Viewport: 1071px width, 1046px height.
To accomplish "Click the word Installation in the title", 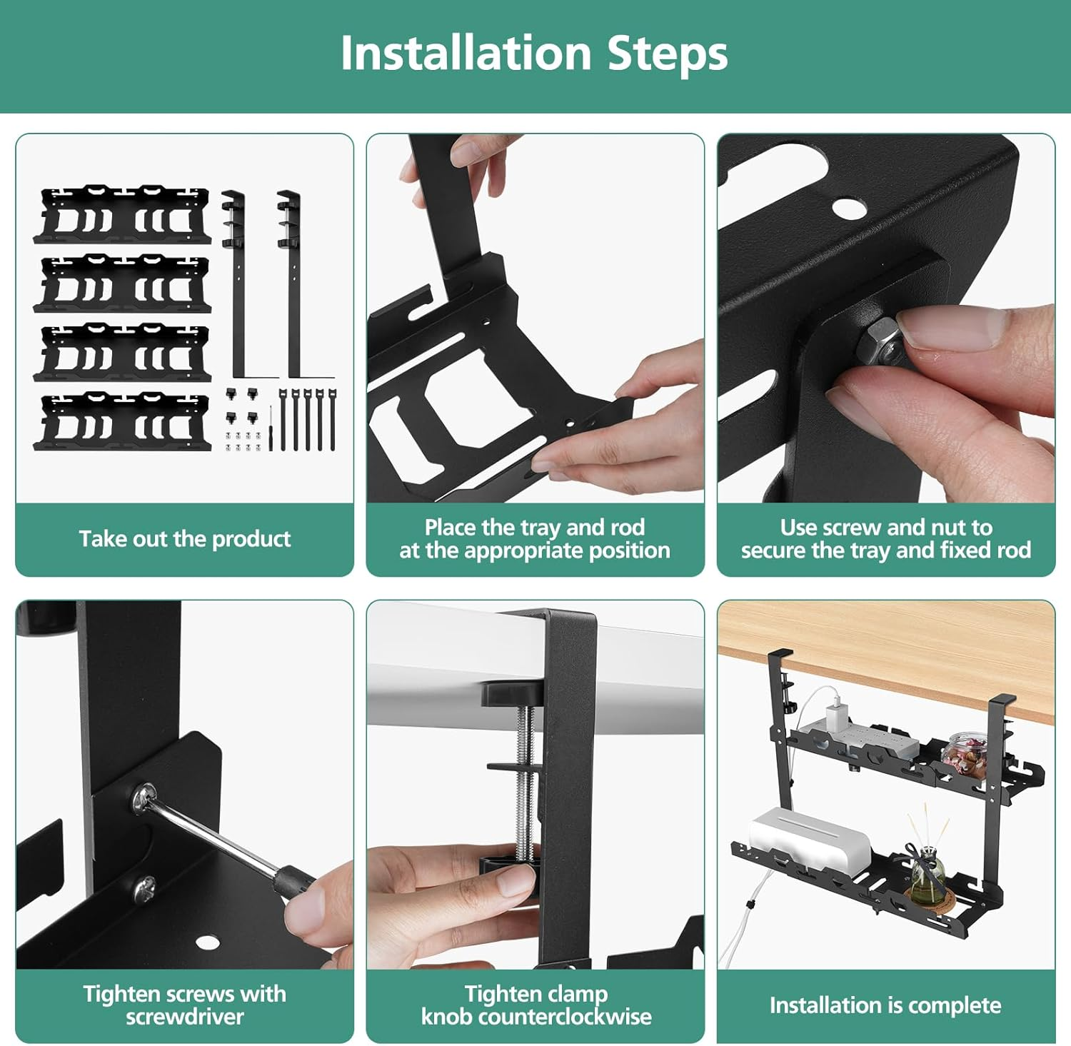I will pos(466,54).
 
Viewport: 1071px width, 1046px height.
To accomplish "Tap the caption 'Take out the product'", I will pos(184,538).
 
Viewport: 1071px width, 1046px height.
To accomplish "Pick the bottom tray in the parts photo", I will pos(123,422).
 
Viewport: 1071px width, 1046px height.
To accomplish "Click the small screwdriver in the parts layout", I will pos(271,428).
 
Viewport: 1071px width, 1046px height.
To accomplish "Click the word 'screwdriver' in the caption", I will pos(184,1016).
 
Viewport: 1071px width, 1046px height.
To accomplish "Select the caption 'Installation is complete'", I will pos(885,1005).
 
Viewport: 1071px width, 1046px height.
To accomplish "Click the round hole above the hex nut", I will pos(848,208).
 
